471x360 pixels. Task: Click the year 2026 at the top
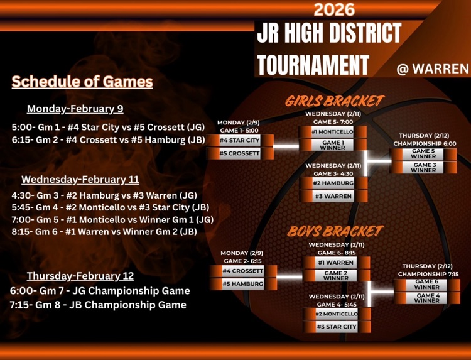pos(333,9)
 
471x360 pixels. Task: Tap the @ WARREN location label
pos(433,68)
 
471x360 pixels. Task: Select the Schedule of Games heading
pos(82,82)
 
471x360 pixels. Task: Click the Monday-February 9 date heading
pos(75,109)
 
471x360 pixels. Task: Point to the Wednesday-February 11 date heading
pos(80,179)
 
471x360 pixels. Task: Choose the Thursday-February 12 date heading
pos(80,276)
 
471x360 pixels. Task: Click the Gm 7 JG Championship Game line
pos(100,291)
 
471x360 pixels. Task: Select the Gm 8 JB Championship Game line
pos(98,305)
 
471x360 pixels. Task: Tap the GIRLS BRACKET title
pos(334,101)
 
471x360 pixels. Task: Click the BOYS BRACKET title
pos(335,231)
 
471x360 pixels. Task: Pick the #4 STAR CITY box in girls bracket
pos(239,140)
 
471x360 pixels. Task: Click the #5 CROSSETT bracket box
pos(239,153)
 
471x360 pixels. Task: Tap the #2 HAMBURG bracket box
pos(333,183)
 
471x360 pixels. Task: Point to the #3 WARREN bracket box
pos(333,196)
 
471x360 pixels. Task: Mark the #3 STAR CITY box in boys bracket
pos(336,327)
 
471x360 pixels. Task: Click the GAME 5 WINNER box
pos(423,154)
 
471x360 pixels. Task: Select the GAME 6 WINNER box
pos(426,285)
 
